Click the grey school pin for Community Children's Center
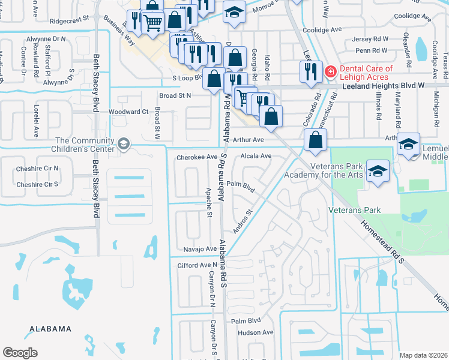[124, 143]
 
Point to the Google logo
[20, 352]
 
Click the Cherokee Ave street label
[196, 157]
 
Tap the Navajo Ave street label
[195, 248]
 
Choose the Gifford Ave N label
[196, 265]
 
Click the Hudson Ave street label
[255, 332]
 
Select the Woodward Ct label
[128, 112]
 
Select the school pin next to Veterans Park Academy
[378, 170]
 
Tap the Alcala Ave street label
[256, 155]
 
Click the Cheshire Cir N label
[37, 169]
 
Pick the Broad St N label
[175, 95]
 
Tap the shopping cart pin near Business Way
[153, 23]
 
